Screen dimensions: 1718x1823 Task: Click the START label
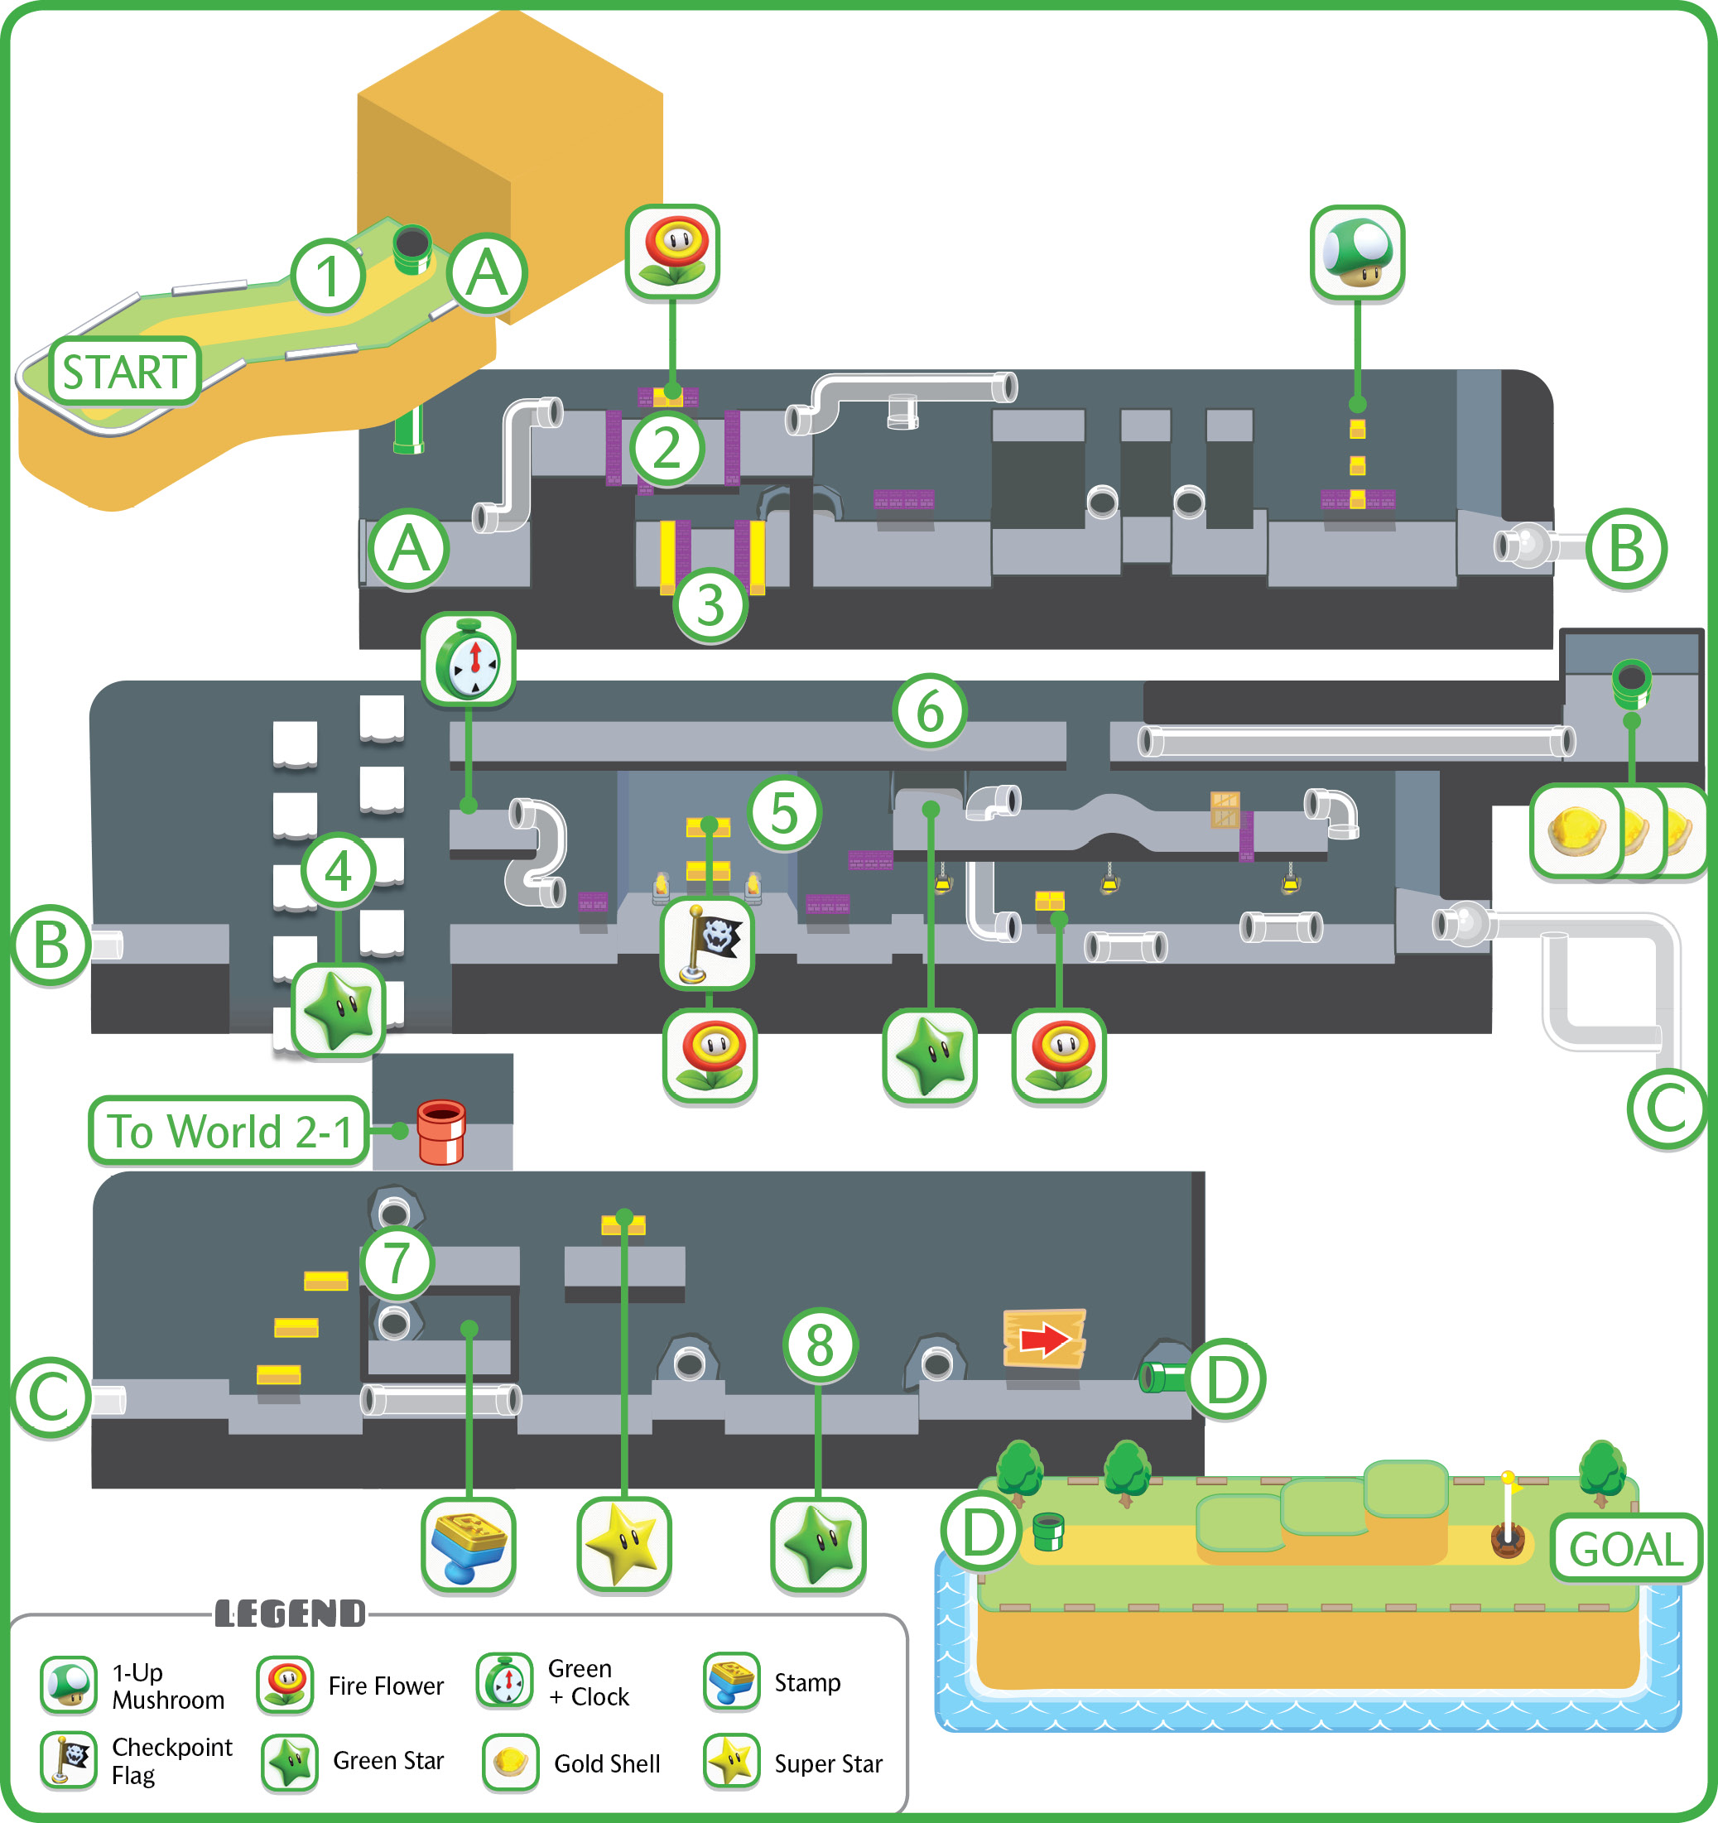click(x=125, y=372)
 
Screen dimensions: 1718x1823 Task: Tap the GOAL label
click(x=1626, y=1549)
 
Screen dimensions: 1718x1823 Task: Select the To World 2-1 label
click(x=229, y=1131)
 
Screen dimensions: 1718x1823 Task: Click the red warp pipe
click(x=441, y=1132)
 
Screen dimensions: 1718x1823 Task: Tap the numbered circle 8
click(x=820, y=1344)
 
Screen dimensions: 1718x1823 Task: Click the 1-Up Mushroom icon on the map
click(x=1358, y=253)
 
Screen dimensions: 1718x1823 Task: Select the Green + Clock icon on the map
click(x=469, y=659)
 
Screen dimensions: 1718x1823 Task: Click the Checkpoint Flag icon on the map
click(x=708, y=944)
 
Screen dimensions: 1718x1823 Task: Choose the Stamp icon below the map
click(x=469, y=1544)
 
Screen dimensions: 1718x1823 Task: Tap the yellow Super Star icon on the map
click(x=623, y=1544)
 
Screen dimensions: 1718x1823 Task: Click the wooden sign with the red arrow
click(x=1045, y=1339)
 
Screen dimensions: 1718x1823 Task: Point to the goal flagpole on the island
click(x=1507, y=1514)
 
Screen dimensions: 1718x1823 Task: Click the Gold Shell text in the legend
click(x=607, y=1763)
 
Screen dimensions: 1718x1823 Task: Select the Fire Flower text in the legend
click(x=386, y=1686)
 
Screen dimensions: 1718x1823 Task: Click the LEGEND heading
click(x=290, y=1614)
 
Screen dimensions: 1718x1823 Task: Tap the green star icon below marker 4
click(x=339, y=1011)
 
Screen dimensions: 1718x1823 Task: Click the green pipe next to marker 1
click(x=411, y=249)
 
